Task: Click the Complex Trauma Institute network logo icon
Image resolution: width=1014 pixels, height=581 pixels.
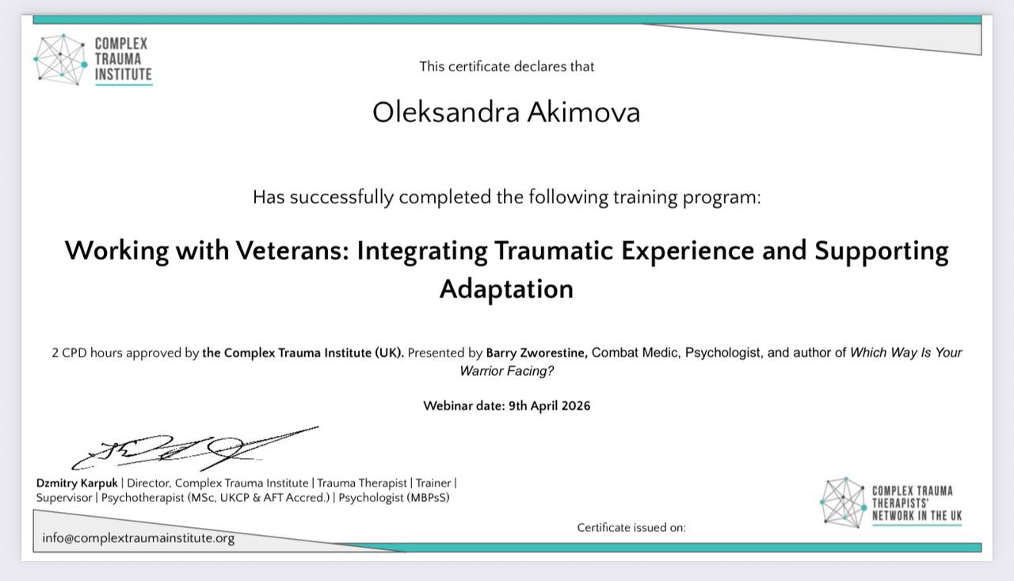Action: (60, 59)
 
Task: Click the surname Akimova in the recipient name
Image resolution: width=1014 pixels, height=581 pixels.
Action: (584, 113)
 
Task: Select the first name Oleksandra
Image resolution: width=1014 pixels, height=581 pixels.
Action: (445, 113)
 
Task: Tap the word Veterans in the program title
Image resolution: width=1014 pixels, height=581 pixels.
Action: (292, 250)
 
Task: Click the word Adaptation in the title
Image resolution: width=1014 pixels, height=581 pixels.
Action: (506, 289)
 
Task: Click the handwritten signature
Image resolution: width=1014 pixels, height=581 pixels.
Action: (195, 448)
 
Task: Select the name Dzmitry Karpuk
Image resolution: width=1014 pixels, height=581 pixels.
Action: (77, 484)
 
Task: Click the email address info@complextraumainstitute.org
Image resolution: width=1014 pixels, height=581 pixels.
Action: (139, 538)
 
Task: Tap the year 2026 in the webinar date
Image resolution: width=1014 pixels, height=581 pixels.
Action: (576, 406)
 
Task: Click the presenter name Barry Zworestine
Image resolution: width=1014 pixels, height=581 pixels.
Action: (537, 353)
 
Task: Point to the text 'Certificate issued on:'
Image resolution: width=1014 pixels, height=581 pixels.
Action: (631, 528)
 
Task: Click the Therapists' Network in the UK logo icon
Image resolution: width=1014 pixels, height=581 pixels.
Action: (844, 503)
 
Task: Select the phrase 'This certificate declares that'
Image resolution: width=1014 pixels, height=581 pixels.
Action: (506, 67)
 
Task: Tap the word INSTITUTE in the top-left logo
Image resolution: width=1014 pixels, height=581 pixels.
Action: (124, 75)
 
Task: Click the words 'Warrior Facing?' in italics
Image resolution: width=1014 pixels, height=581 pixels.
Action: (506, 371)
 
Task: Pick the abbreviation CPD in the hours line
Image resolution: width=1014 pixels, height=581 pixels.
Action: (74, 353)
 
